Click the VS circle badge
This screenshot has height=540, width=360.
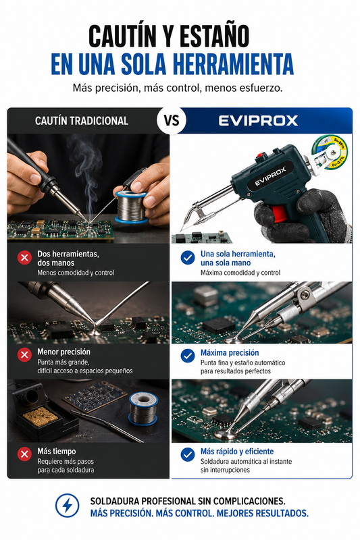171,120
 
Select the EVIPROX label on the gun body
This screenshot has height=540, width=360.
270,177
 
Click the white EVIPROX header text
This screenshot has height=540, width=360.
258,121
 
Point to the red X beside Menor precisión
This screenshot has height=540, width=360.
24,355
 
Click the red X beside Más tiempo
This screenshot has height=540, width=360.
24,454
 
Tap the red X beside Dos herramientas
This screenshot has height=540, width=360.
24,257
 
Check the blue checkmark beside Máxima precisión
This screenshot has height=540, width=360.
188,356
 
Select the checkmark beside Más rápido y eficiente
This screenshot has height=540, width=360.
188,454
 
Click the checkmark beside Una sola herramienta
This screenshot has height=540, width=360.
188,258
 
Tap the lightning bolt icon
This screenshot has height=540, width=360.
67,506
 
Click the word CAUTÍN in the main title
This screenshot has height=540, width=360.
122,36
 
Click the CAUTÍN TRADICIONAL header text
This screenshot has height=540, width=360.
82,121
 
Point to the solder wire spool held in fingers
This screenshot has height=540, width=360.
131,207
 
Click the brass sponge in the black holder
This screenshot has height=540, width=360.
41,416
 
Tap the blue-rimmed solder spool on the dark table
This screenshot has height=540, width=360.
143,409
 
